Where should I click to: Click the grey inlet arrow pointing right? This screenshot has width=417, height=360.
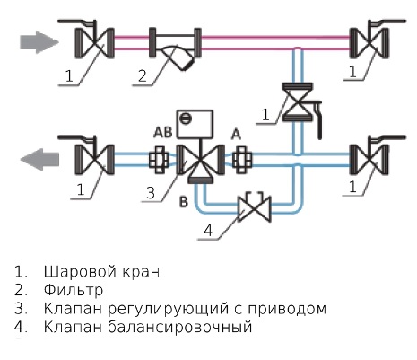tap(39, 42)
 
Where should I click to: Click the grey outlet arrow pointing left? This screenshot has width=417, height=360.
tap(39, 159)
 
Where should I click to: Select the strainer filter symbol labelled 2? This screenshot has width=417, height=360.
tap(175, 48)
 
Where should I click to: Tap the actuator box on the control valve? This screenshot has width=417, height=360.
tap(195, 124)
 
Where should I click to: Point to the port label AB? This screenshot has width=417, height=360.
tap(163, 132)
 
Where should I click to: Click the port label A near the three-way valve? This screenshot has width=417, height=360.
tap(236, 135)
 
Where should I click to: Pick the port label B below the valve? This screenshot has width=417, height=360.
tap(184, 202)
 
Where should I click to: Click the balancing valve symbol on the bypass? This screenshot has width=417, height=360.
tap(255, 207)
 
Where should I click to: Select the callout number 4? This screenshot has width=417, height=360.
tap(208, 231)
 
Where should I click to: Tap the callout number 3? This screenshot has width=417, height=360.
tap(151, 193)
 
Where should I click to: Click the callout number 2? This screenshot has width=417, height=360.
tap(143, 76)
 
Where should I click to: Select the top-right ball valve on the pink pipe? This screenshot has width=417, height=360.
tap(370, 41)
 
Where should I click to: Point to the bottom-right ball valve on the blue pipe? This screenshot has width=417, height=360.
tap(370, 157)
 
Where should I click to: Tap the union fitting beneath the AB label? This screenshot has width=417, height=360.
tap(159, 160)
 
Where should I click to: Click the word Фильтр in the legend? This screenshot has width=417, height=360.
tap(74, 290)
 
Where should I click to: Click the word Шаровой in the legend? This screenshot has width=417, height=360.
tap(80, 272)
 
